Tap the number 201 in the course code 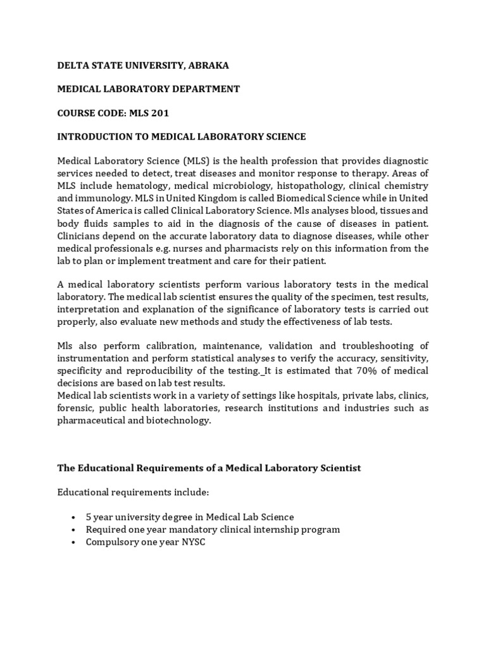158,113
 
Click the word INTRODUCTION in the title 96,136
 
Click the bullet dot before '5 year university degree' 75,517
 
